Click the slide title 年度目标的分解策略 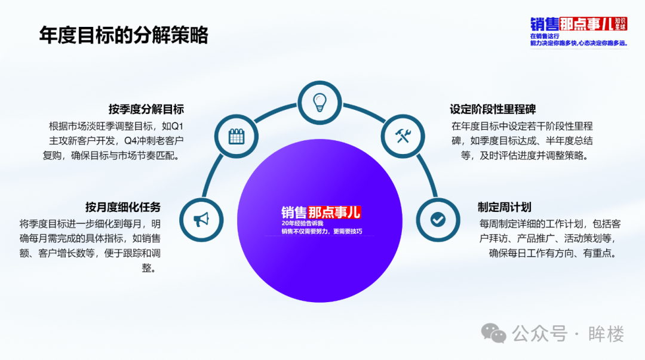124,35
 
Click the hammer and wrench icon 403,136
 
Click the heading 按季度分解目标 146,109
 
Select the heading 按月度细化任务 122,207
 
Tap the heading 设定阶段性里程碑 492,109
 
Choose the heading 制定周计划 504,207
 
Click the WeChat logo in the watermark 493,333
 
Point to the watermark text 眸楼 606,334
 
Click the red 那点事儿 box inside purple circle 334,213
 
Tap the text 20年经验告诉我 302,223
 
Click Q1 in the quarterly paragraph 177,126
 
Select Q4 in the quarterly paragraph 130,141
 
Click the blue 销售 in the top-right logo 544,24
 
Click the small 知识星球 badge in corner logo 621,24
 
